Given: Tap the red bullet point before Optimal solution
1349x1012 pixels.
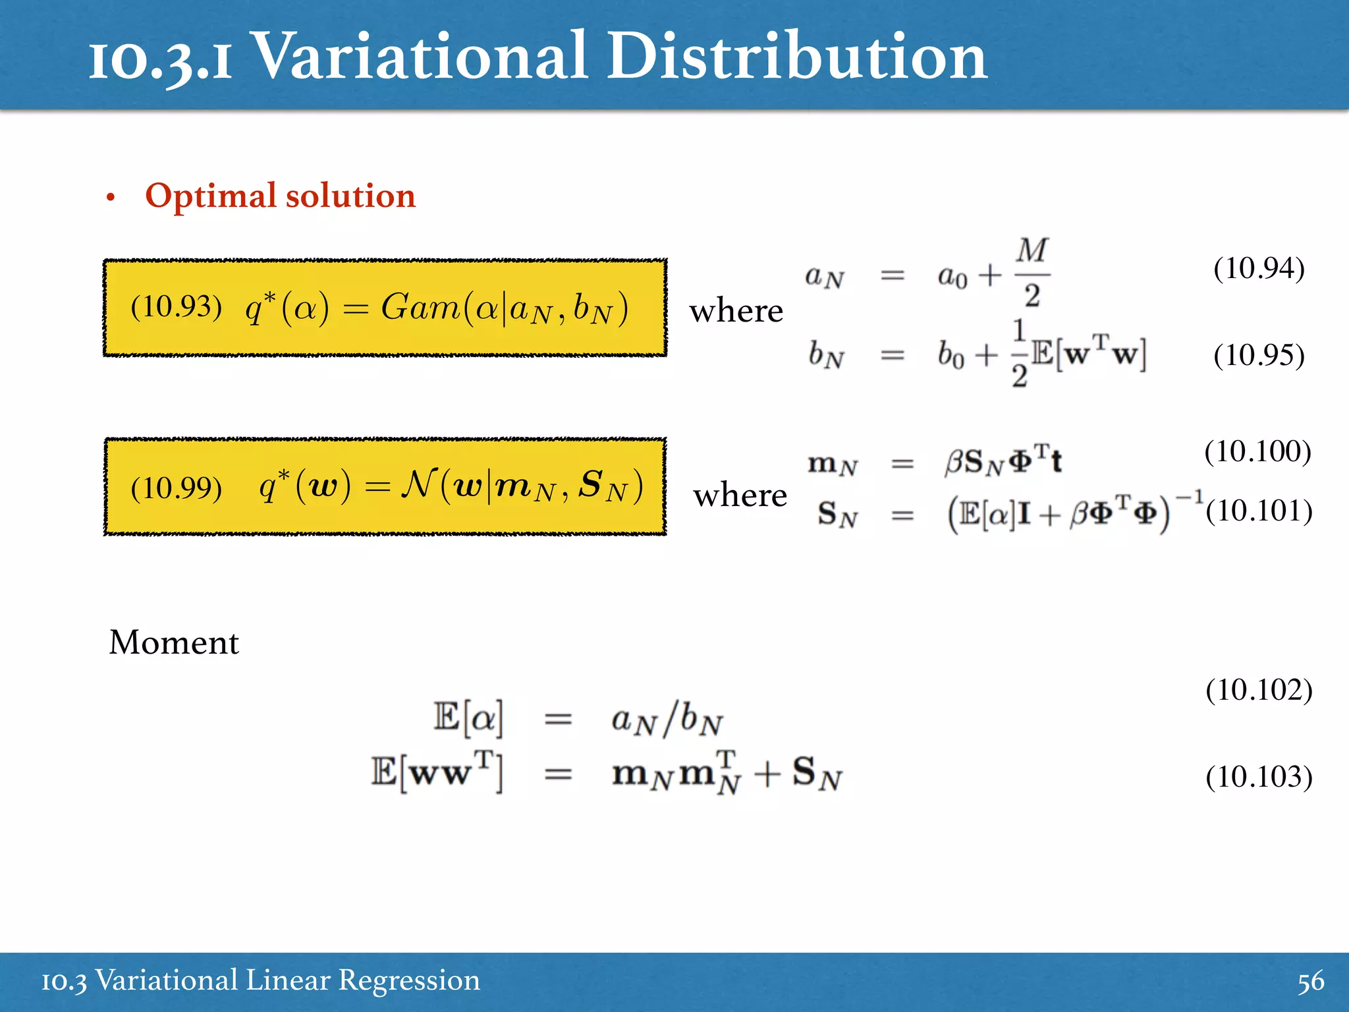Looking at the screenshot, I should coord(111,198).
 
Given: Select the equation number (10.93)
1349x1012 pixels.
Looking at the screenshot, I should coord(176,307).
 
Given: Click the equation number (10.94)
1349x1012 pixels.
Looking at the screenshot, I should coord(1258,269).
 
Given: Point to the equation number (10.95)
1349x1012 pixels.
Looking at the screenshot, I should coord(1258,356).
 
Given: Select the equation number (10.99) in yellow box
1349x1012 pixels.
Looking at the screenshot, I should coord(176,488).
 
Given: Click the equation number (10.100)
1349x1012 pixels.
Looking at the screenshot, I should coord(1257,452).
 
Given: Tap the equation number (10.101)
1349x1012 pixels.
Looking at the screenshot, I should coord(1259,511).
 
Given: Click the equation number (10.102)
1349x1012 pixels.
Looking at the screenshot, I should coord(1259,690).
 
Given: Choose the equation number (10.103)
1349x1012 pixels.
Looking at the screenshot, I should coord(1259,777).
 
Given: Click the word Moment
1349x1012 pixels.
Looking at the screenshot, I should coord(174,642).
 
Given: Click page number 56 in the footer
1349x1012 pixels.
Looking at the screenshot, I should coord(1310,981).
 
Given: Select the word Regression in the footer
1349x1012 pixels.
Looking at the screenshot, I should coord(409,981).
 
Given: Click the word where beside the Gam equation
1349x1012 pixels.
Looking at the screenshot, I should coord(736,311).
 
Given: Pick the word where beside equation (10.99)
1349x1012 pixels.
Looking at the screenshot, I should coord(740,495).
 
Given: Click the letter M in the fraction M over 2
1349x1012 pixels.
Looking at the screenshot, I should coord(1032,250).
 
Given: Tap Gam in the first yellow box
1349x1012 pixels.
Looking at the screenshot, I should coord(420,307).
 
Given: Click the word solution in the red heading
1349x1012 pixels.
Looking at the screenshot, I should coord(350,196).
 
